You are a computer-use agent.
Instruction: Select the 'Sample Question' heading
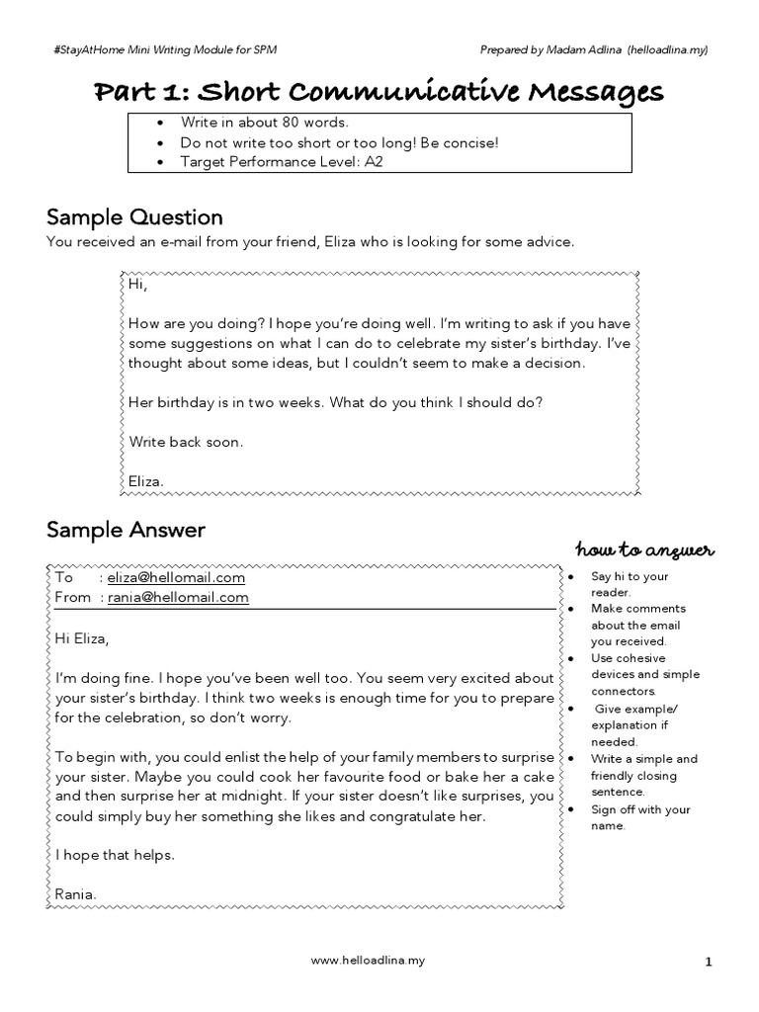(134, 216)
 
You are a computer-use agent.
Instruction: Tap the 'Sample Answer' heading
(126, 530)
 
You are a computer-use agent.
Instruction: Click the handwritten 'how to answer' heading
(644, 549)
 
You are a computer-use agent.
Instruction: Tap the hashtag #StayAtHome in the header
(89, 49)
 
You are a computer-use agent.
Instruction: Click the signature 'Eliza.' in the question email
(147, 481)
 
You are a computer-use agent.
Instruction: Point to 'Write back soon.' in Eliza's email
(185, 442)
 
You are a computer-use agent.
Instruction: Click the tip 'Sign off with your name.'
(640, 817)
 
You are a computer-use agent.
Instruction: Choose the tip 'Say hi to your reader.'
(629, 584)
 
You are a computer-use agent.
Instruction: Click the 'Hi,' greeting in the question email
(137, 285)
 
